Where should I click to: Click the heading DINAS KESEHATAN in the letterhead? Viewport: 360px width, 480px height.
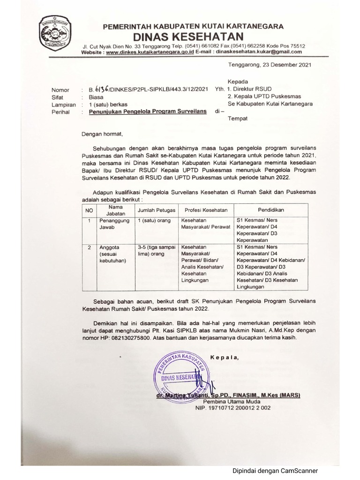pyautogui.click(x=194, y=37)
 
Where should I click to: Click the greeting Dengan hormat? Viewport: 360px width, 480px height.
pyautogui.click(x=102, y=134)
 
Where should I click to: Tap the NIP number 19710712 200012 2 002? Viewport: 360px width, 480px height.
pyautogui.click(x=233, y=408)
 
